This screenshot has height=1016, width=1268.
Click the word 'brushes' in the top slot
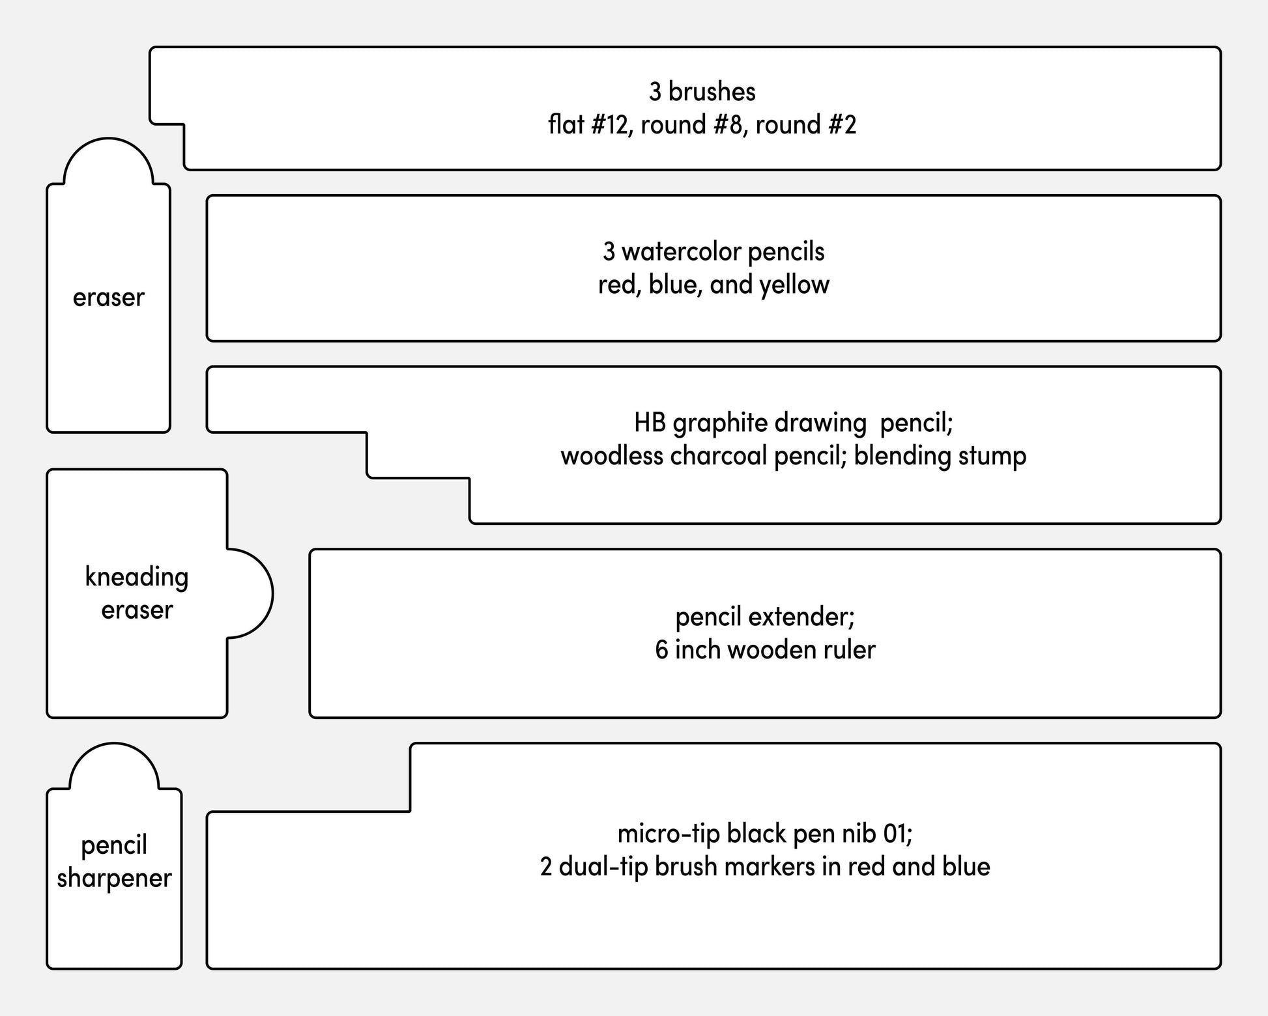click(712, 92)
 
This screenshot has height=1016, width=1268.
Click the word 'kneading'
click(137, 578)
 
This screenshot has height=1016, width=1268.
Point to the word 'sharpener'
click(114, 879)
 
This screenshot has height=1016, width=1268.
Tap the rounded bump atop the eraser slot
click(109, 139)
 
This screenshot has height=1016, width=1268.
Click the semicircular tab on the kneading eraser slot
click(271, 593)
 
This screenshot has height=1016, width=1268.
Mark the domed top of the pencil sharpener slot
click(114, 744)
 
